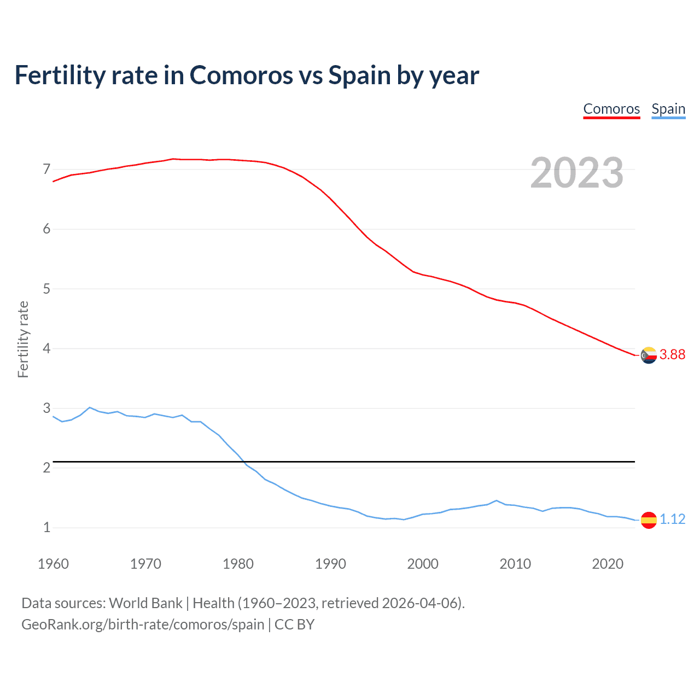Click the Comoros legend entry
coord(611,109)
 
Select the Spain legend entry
coord(668,109)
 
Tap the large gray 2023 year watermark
coord(577,173)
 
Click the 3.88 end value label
coord(672,354)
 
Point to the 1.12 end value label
coord(672,519)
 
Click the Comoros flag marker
coord(649,355)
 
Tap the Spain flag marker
coord(649,520)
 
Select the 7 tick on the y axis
coord(46,169)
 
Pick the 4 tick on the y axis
coord(46,348)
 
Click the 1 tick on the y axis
coord(46,528)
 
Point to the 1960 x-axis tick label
coord(53,564)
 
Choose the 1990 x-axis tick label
coord(330,564)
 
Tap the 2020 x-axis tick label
coord(608,564)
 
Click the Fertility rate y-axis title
coord(23,339)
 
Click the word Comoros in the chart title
coord(241,75)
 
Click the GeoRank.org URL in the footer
coord(143,624)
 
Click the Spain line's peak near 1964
coord(90,407)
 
